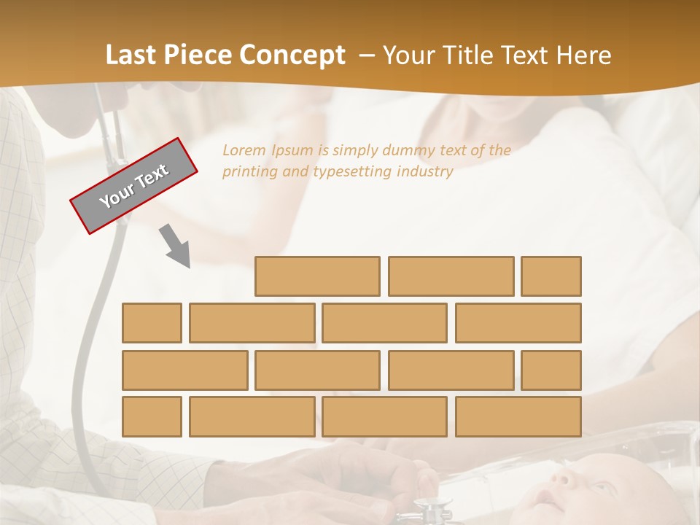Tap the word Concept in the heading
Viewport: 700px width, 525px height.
click(x=295, y=55)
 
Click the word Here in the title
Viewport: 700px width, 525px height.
click(x=583, y=55)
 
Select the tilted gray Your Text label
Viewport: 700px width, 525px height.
click(x=134, y=186)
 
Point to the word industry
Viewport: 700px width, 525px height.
click(x=425, y=172)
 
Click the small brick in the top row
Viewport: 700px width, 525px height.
click(x=551, y=276)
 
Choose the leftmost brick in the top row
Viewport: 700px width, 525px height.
click(x=317, y=276)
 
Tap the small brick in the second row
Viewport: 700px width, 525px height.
click(x=152, y=323)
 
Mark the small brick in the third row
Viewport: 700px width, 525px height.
click(x=551, y=370)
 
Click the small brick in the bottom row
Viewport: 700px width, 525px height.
click(x=152, y=417)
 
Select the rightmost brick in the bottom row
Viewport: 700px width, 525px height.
click(x=518, y=417)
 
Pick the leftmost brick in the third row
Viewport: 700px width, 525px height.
click(x=184, y=370)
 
